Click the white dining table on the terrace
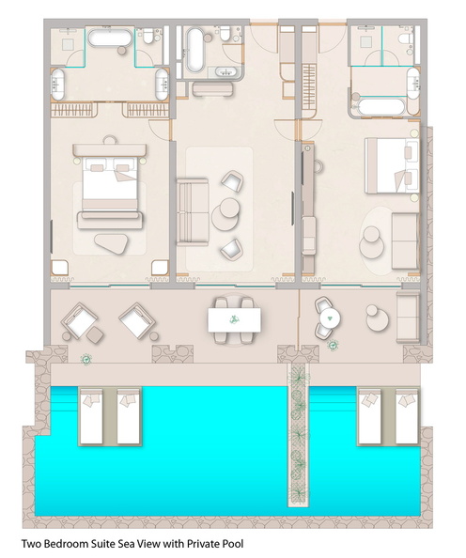(234, 320)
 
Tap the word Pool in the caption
(233, 544)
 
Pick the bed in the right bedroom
(392, 166)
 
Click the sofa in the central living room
(193, 211)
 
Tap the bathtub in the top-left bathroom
(109, 38)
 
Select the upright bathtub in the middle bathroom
(194, 50)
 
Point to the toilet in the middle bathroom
(225, 33)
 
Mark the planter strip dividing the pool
(299, 434)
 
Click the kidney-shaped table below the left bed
(112, 243)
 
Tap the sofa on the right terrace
(408, 317)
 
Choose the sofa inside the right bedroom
(405, 240)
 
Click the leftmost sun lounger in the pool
(91, 416)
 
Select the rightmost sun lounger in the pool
(407, 416)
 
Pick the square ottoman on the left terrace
(95, 334)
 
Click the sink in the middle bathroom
(225, 72)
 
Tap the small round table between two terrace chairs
(330, 317)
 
